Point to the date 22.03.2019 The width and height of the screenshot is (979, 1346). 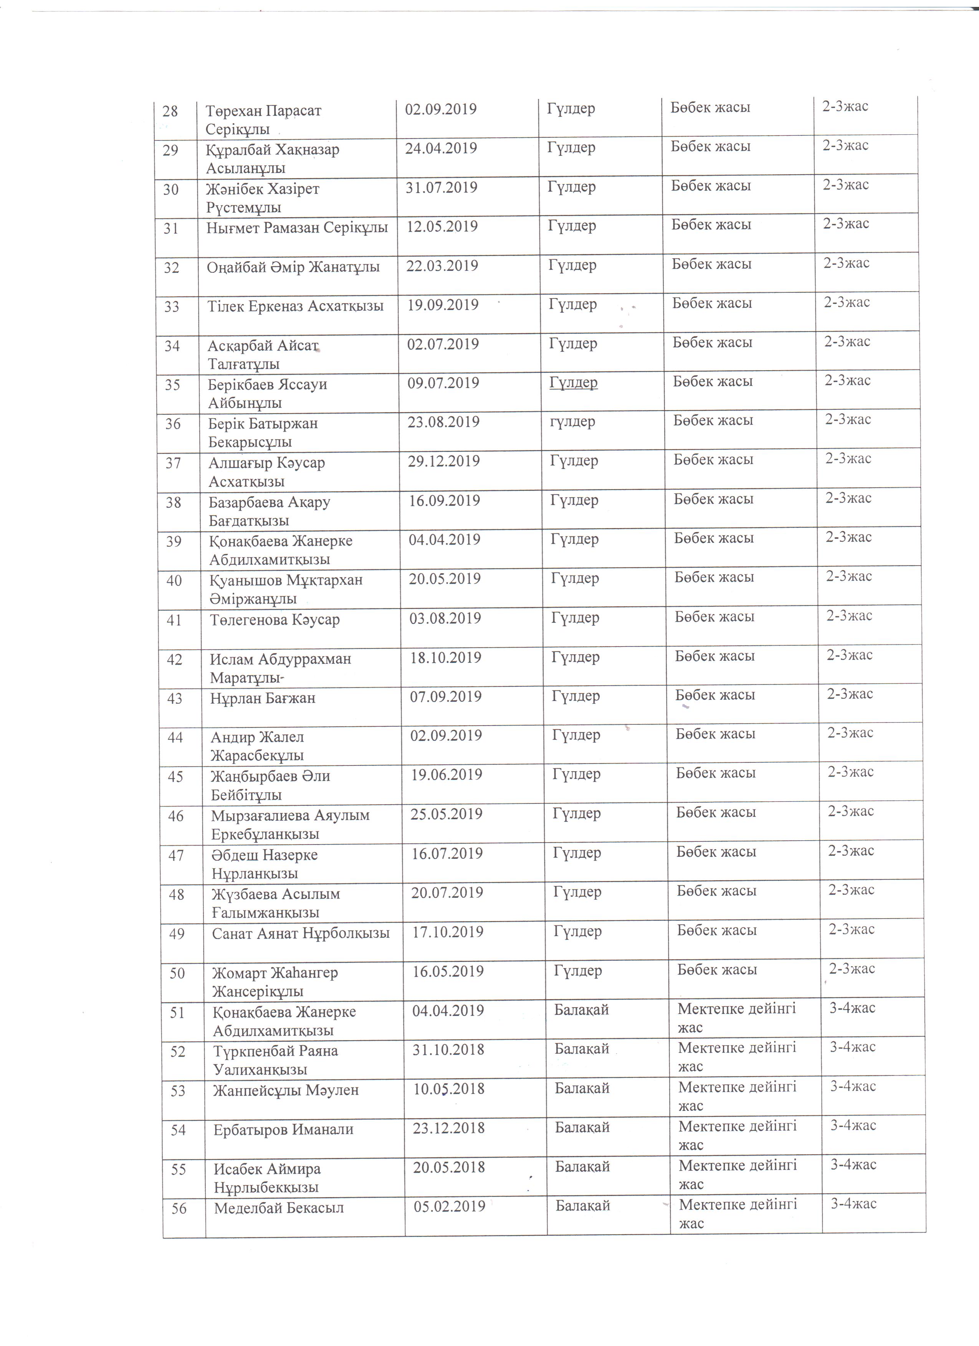coord(442,266)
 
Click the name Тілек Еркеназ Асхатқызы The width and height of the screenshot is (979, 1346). coord(295,306)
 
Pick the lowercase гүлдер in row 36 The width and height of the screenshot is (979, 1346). coord(572,422)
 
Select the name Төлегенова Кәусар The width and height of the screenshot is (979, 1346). coord(274,620)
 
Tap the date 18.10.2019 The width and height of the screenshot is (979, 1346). coord(445,658)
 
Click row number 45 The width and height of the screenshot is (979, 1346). coord(175,776)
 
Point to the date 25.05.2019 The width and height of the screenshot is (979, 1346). coord(446,814)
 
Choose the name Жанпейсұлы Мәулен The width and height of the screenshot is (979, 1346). coord(286,1090)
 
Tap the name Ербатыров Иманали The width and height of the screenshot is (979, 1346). coord(283,1129)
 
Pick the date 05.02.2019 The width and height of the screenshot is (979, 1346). coord(450,1207)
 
